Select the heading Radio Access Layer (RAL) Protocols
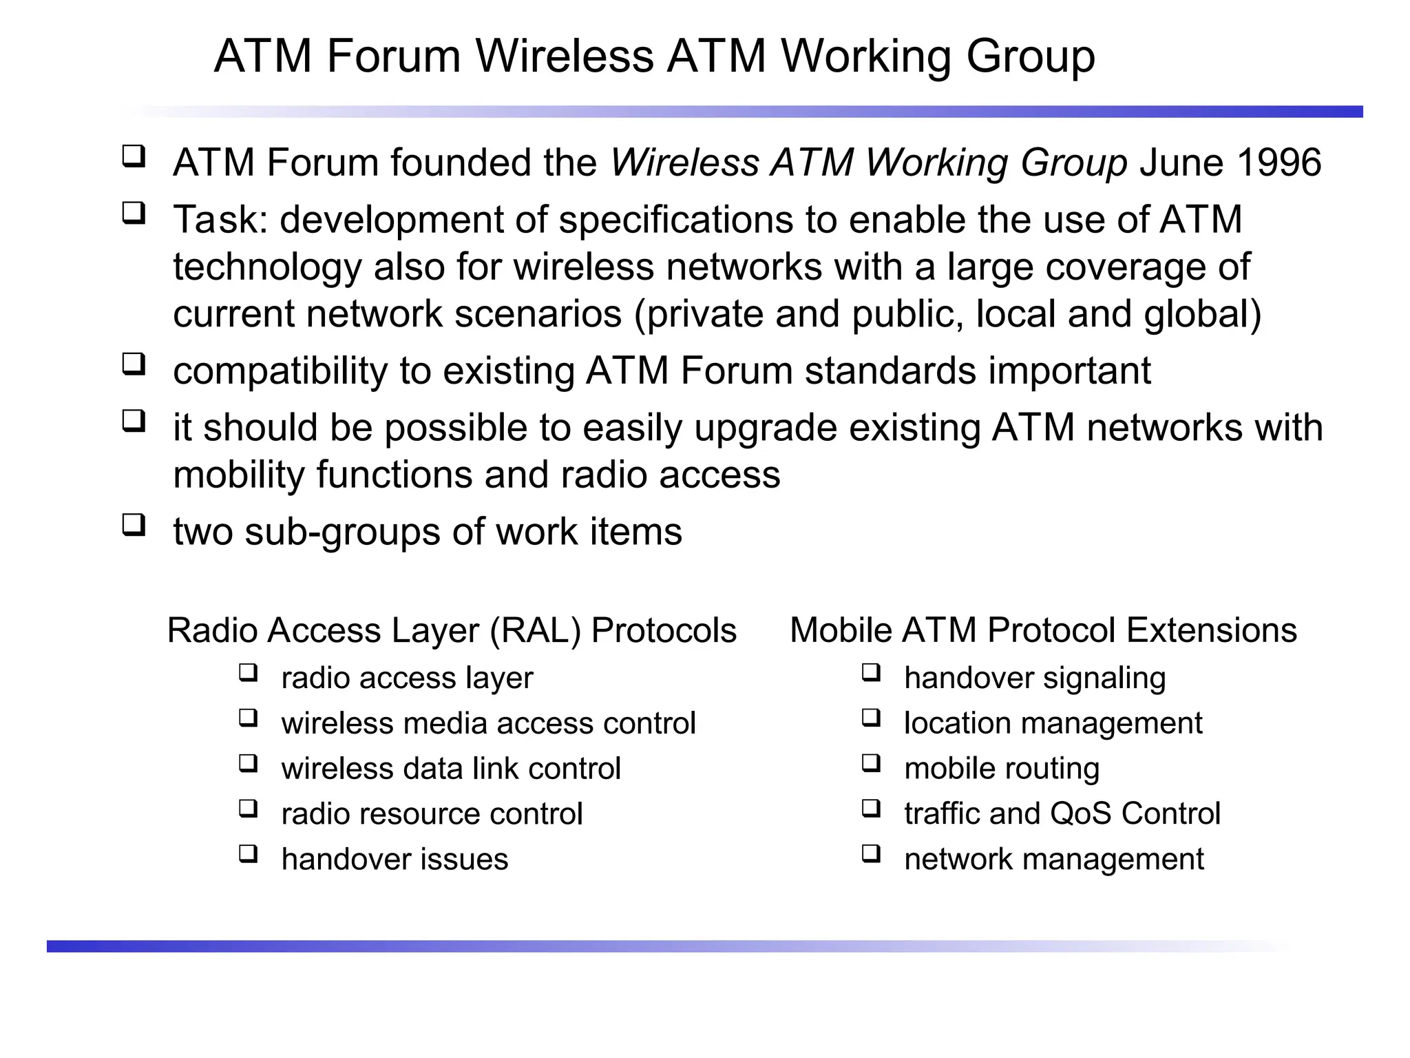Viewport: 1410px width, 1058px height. click(452, 630)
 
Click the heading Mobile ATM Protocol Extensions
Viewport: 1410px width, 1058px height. click(1043, 630)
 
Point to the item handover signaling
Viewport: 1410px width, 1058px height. click(1035, 678)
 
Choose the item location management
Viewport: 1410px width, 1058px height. click(1053, 723)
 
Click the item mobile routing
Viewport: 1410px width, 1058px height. click(1002, 769)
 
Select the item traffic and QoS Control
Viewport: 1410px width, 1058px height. click(1062, 813)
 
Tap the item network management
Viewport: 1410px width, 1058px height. click(1054, 859)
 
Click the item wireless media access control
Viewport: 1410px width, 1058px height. click(488, 723)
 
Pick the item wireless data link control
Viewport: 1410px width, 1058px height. click(451, 769)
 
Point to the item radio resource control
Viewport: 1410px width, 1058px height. click(432, 813)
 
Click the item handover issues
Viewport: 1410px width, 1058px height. click(394, 859)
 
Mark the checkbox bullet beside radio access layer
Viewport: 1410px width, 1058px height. click(249, 672)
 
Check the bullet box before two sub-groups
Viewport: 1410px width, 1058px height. click(134, 525)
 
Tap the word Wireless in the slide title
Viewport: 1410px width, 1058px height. click(564, 56)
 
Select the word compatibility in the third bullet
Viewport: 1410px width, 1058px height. click(280, 371)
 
